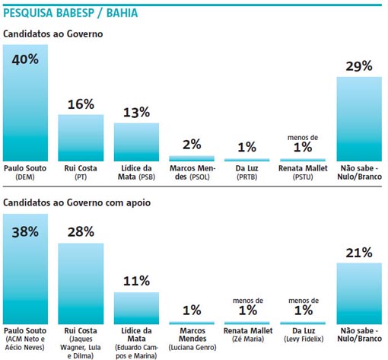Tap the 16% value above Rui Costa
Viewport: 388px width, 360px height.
click(80, 104)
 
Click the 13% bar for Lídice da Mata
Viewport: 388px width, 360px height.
click(136, 138)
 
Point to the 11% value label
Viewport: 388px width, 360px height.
click(136, 281)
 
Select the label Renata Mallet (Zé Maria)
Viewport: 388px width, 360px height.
click(248, 336)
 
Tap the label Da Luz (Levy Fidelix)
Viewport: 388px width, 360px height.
click(304, 336)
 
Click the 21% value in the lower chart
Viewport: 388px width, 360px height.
click(359, 252)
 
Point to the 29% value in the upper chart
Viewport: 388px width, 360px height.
click(359, 66)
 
